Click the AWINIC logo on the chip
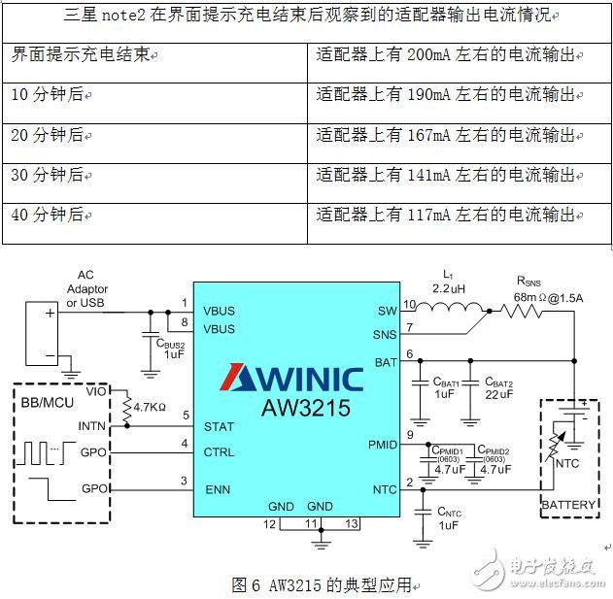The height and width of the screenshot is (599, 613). [295, 377]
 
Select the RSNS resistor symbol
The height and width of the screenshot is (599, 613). [527, 312]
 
